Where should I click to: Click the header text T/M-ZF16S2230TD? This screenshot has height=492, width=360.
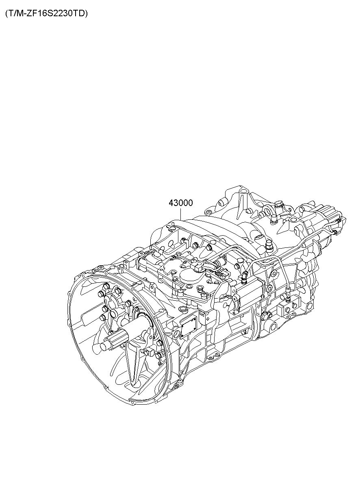pyautogui.click(x=46, y=14)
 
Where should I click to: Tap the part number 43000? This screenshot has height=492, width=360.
pyautogui.click(x=180, y=203)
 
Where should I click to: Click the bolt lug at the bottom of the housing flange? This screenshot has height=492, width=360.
pyautogui.click(x=177, y=392)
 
